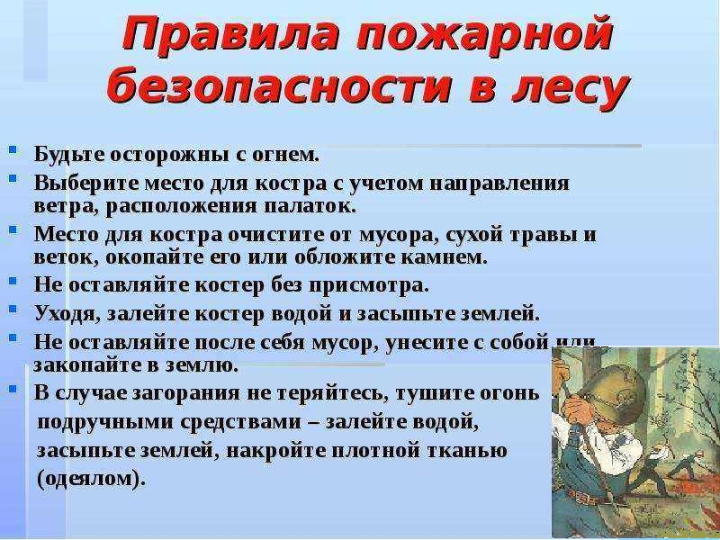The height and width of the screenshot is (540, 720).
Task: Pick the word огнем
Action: pos(287,154)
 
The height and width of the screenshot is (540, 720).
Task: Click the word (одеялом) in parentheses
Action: pos(90,478)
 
